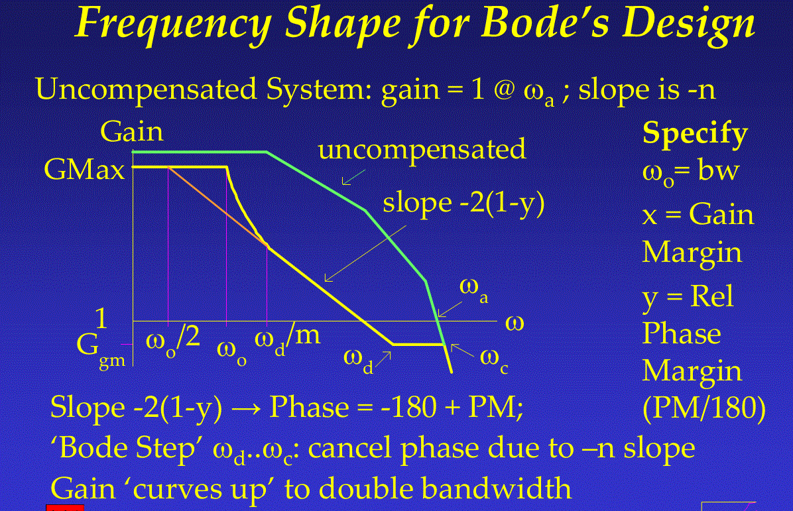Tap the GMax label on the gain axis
pos(84,169)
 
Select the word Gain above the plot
pos(131,131)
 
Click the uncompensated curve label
pos(422,150)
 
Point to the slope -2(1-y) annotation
pos(463,203)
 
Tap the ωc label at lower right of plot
pos(494,360)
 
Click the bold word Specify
pos(695,134)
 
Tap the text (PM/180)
pos(703,408)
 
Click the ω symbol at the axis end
pos(515,323)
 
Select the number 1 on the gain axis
pos(101,318)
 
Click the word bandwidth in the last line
pos(496,488)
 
